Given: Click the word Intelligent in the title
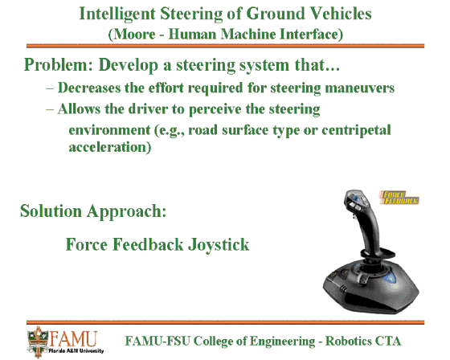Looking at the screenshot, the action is [x=117, y=14].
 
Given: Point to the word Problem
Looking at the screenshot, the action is [x=59, y=64].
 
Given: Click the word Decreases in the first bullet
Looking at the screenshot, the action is [x=89, y=88].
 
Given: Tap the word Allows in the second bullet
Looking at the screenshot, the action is [x=79, y=109].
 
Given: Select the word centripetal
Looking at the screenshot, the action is [x=356, y=130].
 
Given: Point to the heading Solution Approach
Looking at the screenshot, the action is [x=93, y=211].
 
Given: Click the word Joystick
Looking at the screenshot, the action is [x=219, y=245].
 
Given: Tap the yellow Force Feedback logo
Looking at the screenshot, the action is [x=399, y=198].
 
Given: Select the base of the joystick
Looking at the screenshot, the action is [x=370, y=287].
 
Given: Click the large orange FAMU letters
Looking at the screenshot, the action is [x=73, y=338].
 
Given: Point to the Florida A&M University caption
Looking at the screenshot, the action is [x=76, y=350].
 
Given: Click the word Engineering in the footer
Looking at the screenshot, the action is [x=282, y=342].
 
